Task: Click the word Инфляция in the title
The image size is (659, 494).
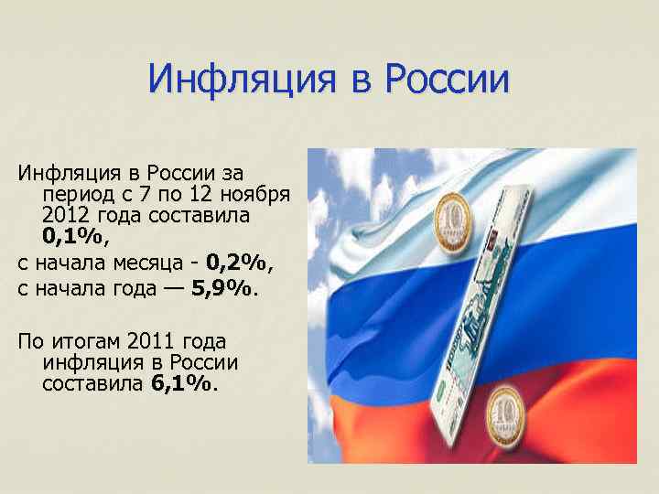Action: [240, 81]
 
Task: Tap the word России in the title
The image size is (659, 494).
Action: [448, 81]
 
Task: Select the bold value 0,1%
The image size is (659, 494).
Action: [74, 237]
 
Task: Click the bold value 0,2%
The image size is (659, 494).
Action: [238, 263]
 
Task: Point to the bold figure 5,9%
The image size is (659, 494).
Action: [223, 290]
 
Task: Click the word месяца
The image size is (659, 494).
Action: [150, 263]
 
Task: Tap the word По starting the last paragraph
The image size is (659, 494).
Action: [30, 342]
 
